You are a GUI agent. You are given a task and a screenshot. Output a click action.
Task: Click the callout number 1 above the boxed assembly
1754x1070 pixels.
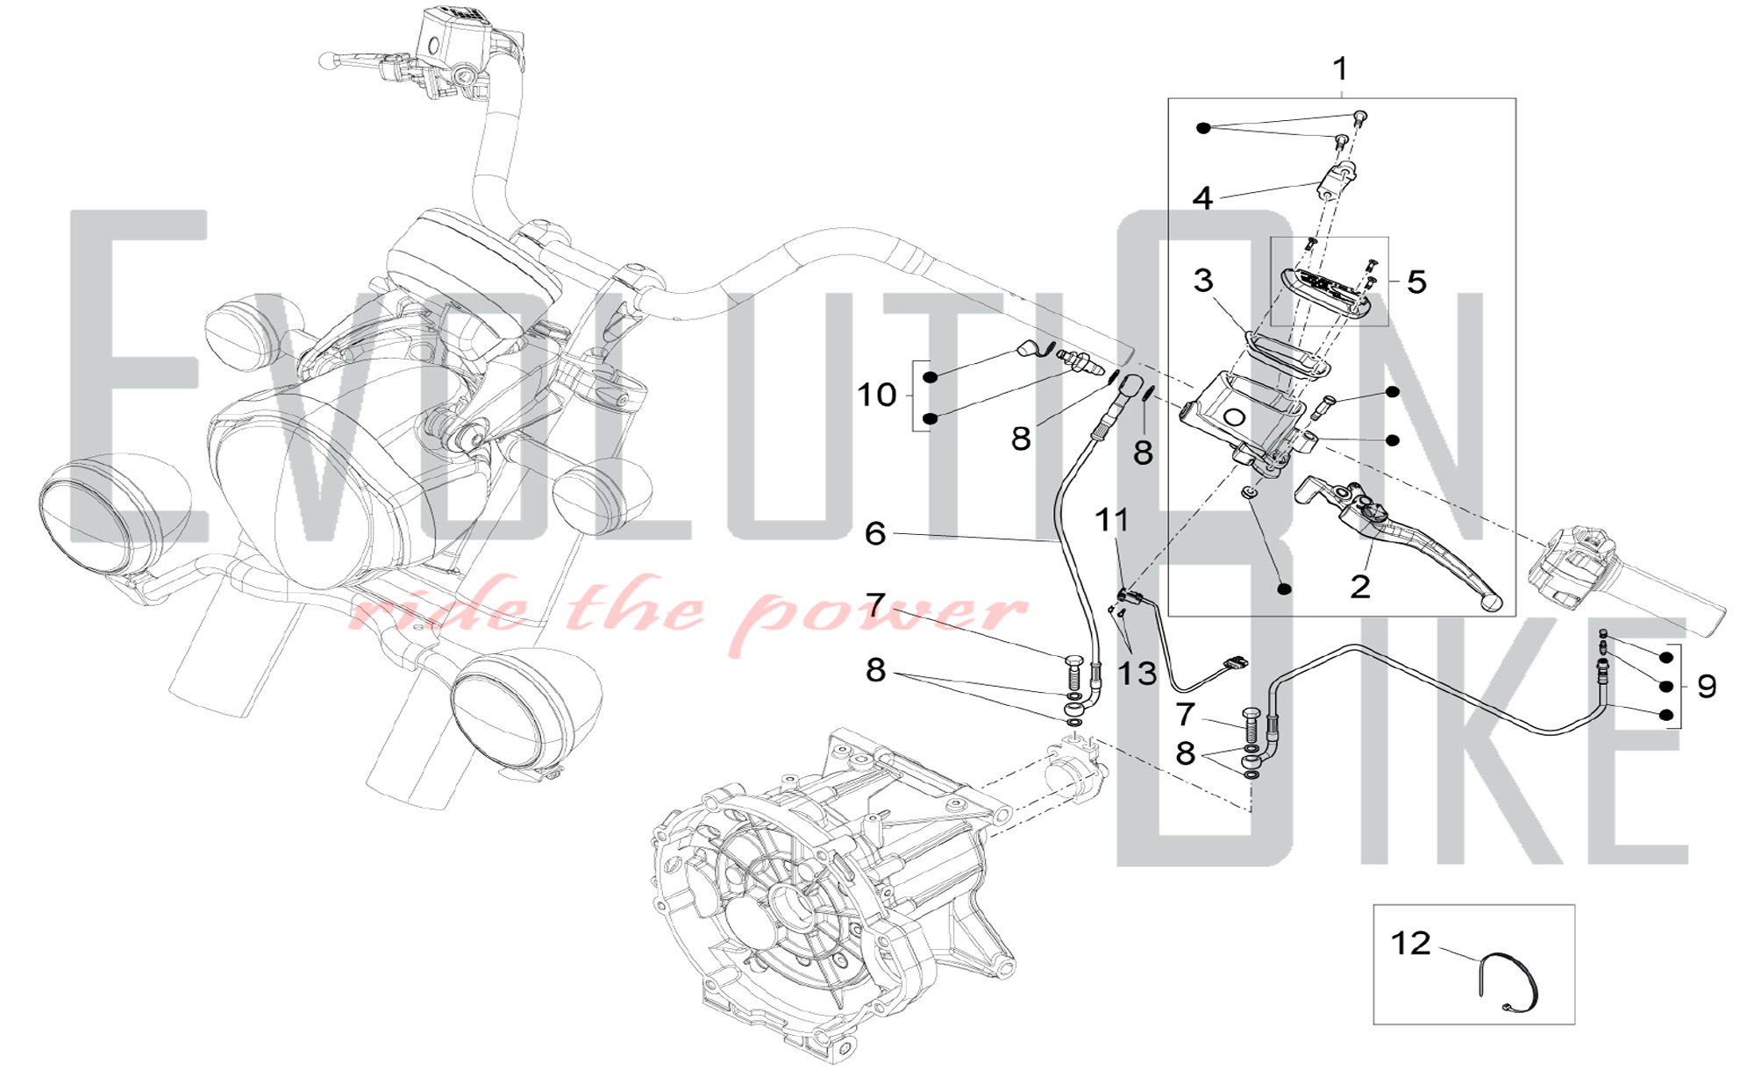click(x=1340, y=68)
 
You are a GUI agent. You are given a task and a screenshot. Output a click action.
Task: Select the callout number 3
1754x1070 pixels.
click(x=1203, y=281)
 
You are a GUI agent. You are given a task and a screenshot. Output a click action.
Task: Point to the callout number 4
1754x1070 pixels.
click(x=1202, y=198)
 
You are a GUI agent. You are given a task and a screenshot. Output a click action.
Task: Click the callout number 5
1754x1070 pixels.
click(x=1416, y=282)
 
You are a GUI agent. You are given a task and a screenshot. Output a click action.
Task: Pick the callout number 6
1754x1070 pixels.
click(x=875, y=533)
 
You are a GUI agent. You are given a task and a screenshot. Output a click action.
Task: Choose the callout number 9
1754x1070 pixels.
click(x=1706, y=686)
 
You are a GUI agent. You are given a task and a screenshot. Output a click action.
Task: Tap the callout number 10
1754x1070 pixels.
click(x=876, y=395)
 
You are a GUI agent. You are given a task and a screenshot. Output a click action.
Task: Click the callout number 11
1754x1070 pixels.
click(x=1112, y=520)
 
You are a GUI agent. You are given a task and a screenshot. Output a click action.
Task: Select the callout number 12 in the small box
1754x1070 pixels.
click(x=1410, y=943)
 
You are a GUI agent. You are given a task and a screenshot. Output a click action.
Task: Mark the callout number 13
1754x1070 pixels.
click(x=1137, y=674)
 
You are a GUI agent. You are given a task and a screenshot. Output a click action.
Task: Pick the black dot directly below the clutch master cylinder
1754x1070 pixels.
click(x=1284, y=589)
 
